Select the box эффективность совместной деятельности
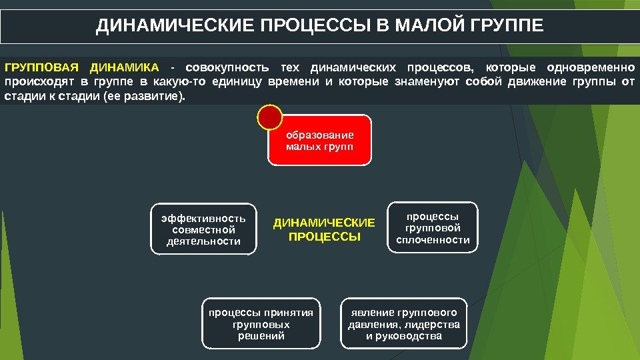[x=203, y=229]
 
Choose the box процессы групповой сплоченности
[x=433, y=228]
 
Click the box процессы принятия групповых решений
[x=261, y=324]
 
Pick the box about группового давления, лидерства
[x=404, y=324]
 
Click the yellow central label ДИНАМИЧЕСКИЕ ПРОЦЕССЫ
[x=324, y=229]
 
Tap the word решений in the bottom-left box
[x=261, y=336]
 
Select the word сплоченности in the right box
[x=433, y=240]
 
